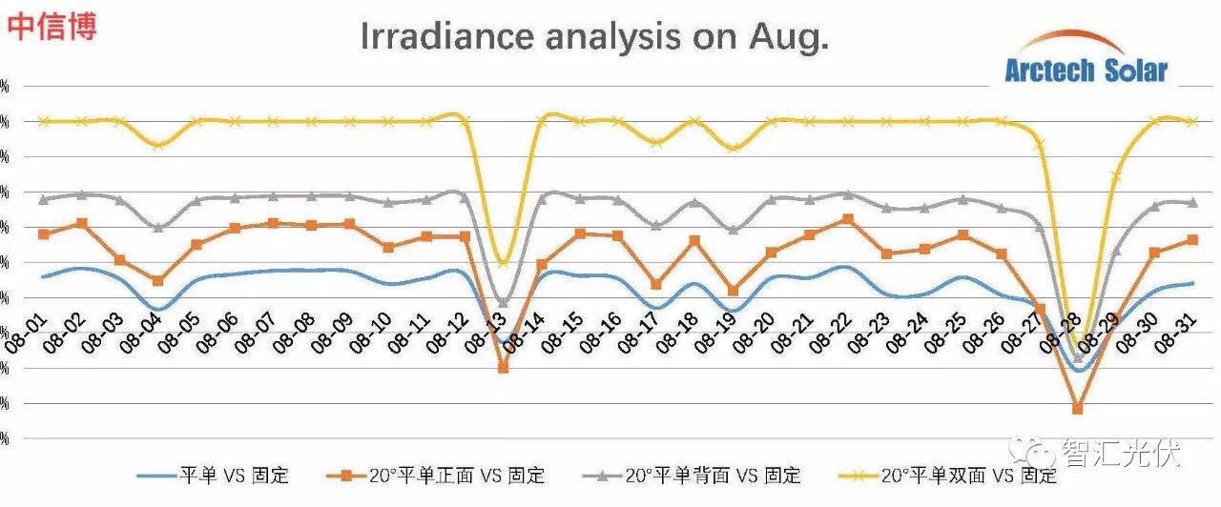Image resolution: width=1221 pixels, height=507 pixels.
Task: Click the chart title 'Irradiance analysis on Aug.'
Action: point(594,37)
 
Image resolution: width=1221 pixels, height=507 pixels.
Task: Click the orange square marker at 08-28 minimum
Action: point(1077,408)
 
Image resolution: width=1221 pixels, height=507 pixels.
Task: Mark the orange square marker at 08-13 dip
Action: point(503,368)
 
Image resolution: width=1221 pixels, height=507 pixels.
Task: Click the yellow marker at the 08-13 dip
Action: point(503,263)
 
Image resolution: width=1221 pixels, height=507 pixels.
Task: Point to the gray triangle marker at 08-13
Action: point(503,302)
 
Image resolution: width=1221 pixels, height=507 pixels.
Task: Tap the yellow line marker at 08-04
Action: point(158,145)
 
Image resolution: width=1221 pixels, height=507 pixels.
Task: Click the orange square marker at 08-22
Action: point(848,219)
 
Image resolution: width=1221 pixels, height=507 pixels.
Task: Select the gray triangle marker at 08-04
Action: point(158,227)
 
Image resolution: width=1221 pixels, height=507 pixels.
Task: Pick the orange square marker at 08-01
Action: point(44,233)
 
